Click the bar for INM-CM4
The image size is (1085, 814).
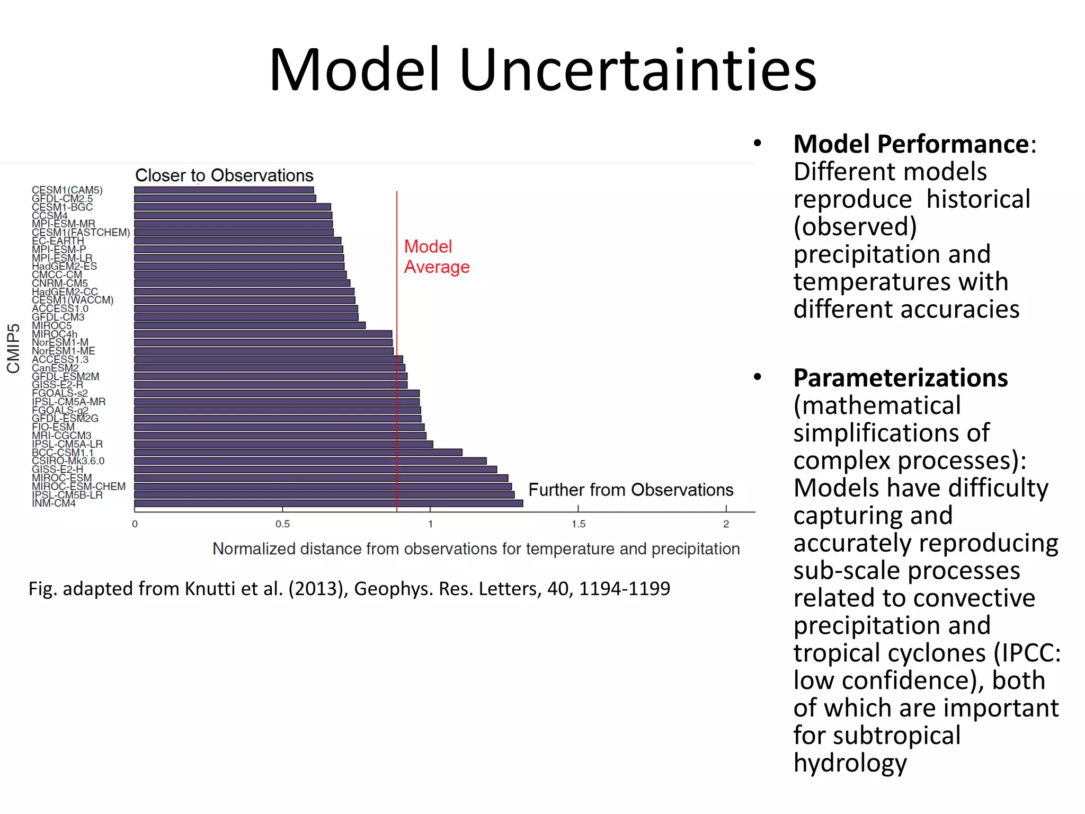pyautogui.click(x=328, y=503)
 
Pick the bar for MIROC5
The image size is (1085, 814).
pyautogui.click(x=250, y=325)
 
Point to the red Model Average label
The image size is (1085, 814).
pyautogui.click(x=436, y=256)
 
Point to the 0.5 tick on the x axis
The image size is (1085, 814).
pyautogui.click(x=282, y=524)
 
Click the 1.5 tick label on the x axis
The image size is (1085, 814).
pyautogui.click(x=578, y=524)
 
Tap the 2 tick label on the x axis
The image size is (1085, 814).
pyautogui.click(x=726, y=524)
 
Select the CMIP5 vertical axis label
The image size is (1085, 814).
pyautogui.click(x=13, y=348)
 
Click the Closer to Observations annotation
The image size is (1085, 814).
pyautogui.click(x=224, y=175)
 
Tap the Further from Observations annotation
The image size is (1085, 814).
pyautogui.click(x=630, y=490)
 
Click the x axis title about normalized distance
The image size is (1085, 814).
pyautogui.click(x=476, y=548)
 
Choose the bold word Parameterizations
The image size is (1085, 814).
pyautogui.click(x=900, y=378)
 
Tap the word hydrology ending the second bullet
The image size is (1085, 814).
pyautogui.click(x=850, y=763)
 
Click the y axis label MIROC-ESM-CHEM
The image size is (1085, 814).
pyautogui.click(x=78, y=486)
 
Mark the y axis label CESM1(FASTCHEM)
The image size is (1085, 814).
pyautogui.click(x=81, y=232)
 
